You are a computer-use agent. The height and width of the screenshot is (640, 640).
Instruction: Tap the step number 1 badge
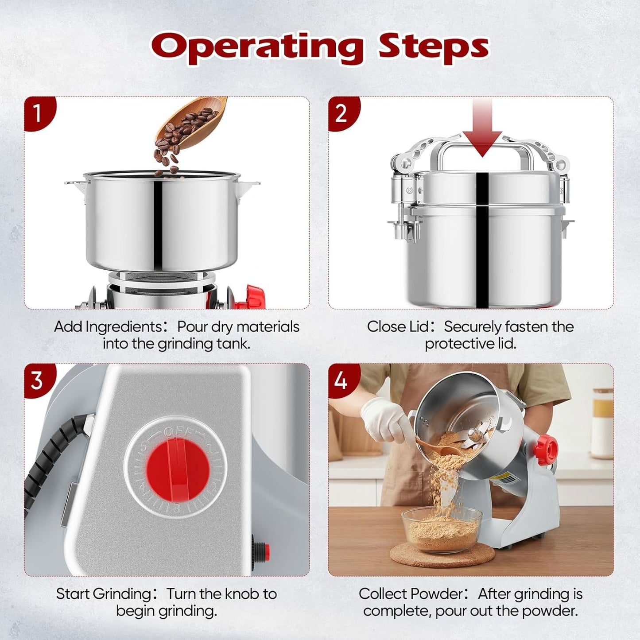(x=38, y=112)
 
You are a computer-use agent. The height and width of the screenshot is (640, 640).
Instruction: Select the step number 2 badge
(x=342, y=112)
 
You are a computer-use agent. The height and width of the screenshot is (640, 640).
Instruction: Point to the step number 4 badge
(x=342, y=380)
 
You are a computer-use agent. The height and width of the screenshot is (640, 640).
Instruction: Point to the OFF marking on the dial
(x=178, y=432)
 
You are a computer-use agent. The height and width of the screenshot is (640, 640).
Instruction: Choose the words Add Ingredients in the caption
(x=108, y=327)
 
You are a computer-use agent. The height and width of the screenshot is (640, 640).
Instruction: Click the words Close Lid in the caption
(x=398, y=327)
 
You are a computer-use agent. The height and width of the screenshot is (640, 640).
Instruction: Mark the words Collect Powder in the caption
(x=411, y=594)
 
